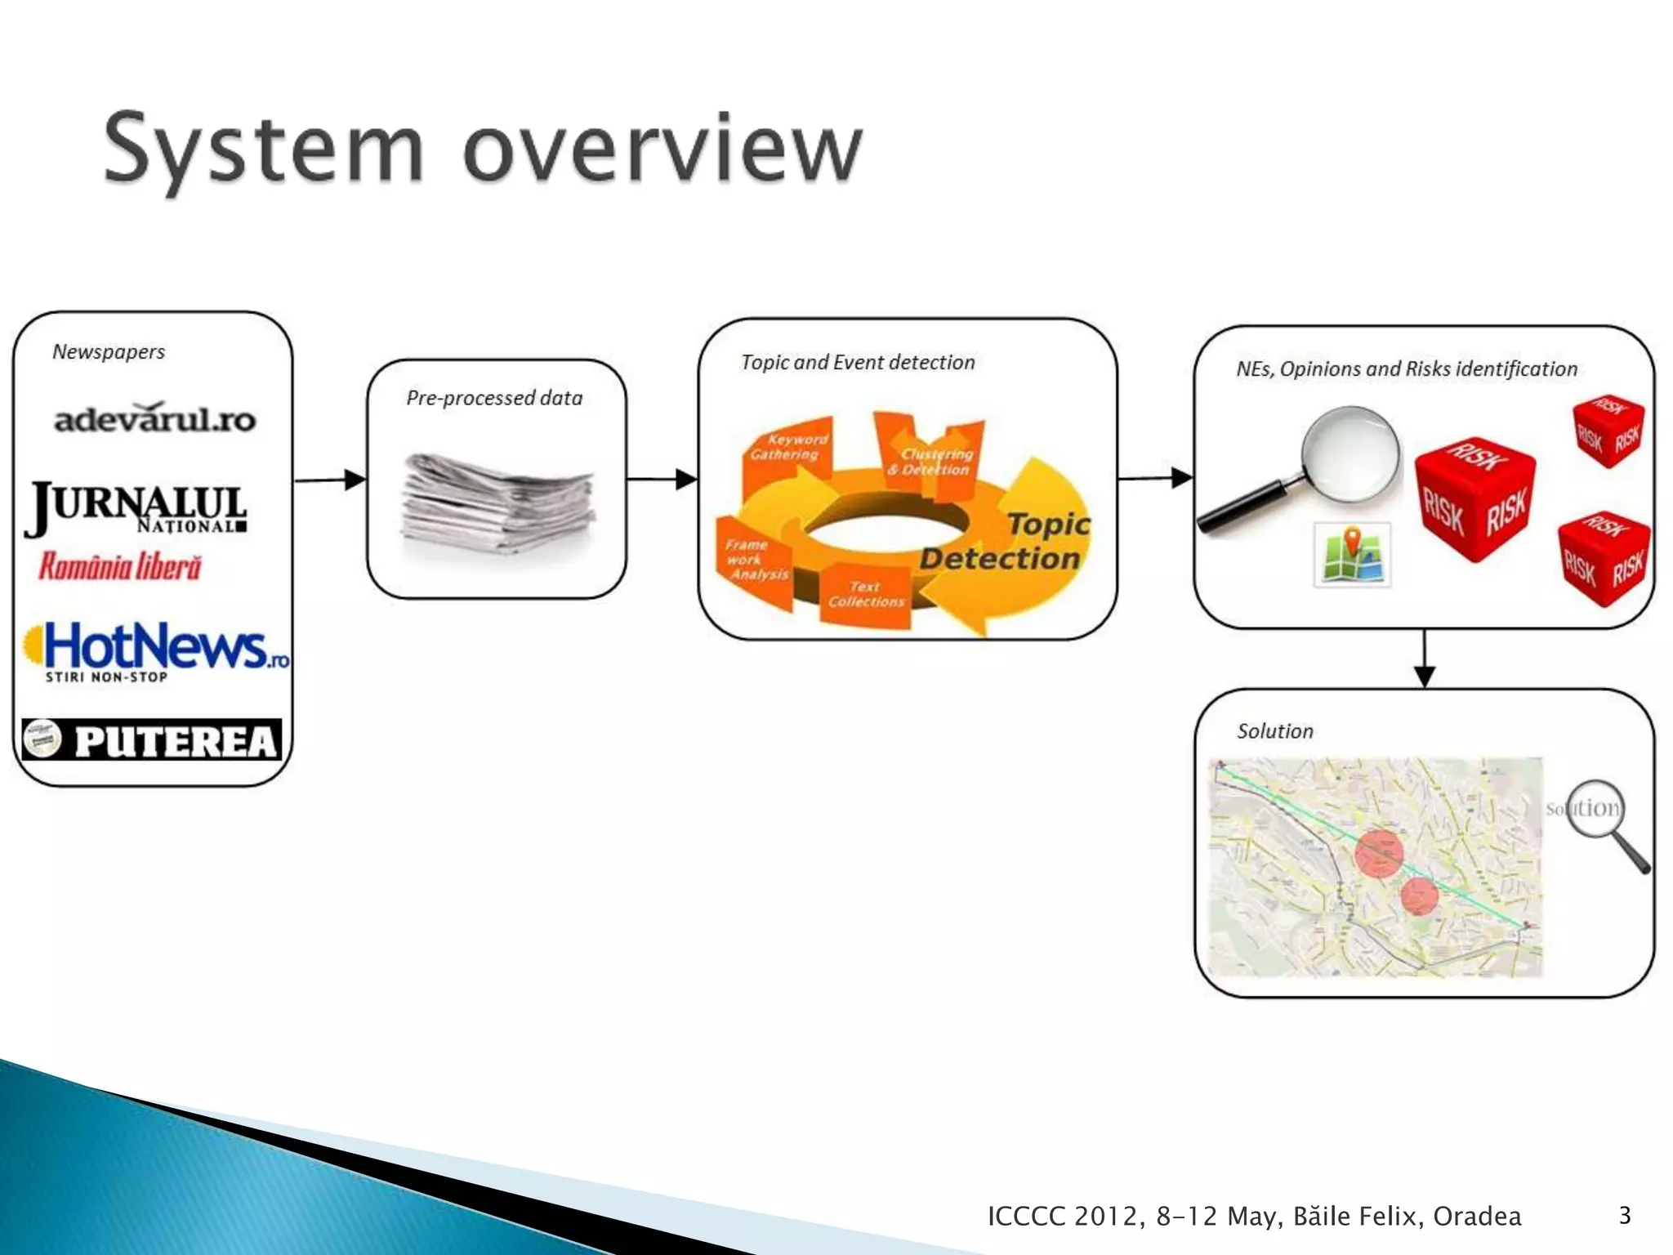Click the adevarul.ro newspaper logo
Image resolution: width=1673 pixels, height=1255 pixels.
(155, 418)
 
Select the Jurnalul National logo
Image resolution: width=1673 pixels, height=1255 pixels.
(136, 509)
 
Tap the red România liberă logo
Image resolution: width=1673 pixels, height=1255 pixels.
(120, 566)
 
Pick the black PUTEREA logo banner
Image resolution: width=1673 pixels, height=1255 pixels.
(153, 740)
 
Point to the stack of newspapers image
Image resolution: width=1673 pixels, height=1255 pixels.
(498, 505)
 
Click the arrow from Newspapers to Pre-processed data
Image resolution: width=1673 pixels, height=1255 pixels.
(330, 480)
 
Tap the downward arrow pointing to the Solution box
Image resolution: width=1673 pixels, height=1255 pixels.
(1424, 659)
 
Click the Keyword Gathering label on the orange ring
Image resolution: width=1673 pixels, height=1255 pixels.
(787, 447)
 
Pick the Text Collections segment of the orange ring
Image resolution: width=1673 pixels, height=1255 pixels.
(866, 594)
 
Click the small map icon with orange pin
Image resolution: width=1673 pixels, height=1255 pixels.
(1352, 555)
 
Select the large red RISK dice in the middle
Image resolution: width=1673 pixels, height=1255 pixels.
(1474, 498)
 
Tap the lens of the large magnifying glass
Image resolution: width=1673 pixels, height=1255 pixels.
(1350, 453)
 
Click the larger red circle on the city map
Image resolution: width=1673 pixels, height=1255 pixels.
(1379, 854)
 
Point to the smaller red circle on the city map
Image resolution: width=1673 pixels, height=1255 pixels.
(1419, 896)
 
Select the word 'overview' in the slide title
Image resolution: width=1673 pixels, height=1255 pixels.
(662, 150)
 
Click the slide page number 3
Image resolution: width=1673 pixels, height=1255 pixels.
(1624, 1215)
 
